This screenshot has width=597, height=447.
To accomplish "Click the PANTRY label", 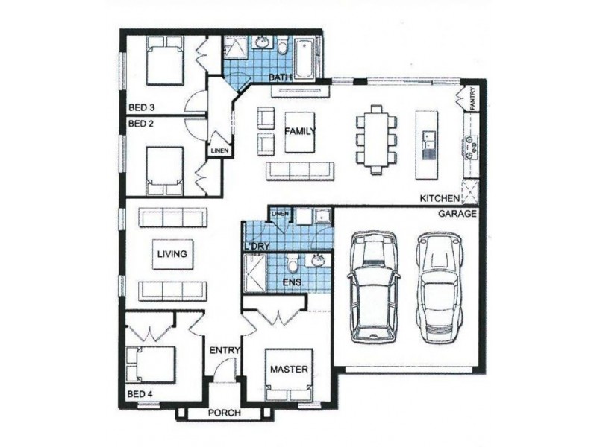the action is tap(472, 99).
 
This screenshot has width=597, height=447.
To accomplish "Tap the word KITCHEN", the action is tap(440, 198).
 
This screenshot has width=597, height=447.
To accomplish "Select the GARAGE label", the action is tap(457, 214).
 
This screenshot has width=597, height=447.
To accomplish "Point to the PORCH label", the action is tap(225, 413).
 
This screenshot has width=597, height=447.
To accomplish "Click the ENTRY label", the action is tap(225, 350).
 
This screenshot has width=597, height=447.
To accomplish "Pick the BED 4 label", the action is tap(140, 394).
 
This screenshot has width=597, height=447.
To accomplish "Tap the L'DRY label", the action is tap(257, 246).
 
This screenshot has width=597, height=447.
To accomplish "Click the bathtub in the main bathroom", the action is tap(305, 59).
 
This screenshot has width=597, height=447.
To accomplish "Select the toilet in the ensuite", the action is tap(293, 263).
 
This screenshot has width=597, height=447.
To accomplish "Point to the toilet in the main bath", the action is tap(283, 46).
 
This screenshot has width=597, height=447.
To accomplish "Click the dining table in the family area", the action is tap(376, 139).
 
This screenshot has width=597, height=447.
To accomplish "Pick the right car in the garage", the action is tap(440, 288).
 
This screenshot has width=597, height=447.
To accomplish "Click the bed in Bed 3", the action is tap(164, 60).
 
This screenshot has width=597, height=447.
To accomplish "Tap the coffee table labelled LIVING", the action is tap(172, 254).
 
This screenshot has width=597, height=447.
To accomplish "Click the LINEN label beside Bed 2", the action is tap(219, 151).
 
